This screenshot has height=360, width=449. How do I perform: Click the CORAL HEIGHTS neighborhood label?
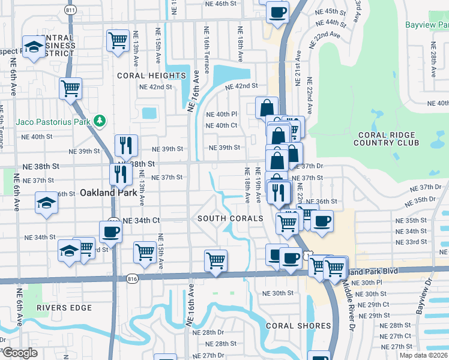point(151,76)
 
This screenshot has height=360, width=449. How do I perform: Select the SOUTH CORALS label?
point(231,218)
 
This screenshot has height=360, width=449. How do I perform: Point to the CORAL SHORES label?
point(298,326)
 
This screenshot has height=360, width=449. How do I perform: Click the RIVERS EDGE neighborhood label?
point(64,308)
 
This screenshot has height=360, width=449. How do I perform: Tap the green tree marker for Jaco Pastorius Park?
point(101,122)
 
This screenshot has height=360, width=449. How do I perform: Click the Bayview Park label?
point(427,25)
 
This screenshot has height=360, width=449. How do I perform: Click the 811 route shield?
point(71,10)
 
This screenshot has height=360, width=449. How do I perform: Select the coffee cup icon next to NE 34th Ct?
point(110,231)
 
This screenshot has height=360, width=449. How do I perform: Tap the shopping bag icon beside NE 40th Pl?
point(267,107)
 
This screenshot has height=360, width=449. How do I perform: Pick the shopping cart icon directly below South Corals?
point(215,260)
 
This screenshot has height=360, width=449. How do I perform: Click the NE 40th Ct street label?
point(221,125)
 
